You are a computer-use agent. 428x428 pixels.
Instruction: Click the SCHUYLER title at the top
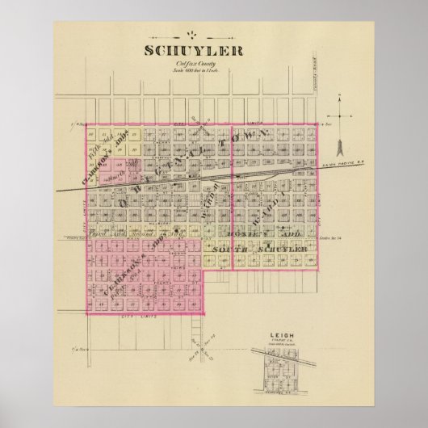tap(214, 50)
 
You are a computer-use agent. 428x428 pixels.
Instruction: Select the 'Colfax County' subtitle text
tap(214, 63)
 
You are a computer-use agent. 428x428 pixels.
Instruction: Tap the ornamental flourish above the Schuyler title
tap(214, 33)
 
